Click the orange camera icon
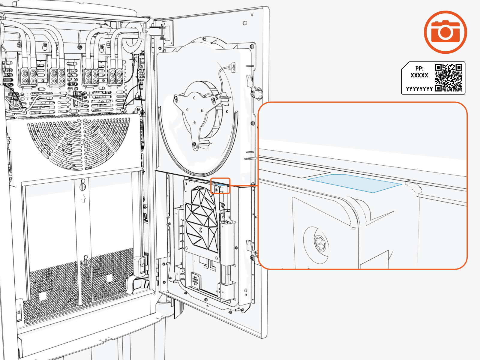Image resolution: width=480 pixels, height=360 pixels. tap(445, 32)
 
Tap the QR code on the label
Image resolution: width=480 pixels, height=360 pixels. tap(448, 77)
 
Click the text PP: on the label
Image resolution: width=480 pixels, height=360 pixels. tap(419, 68)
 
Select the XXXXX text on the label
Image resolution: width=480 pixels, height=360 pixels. tap(419, 76)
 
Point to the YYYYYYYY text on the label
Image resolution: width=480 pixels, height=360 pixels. tap(419, 89)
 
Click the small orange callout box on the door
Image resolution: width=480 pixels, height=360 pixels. tap(220, 186)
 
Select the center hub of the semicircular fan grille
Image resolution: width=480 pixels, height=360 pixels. tap(83, 142)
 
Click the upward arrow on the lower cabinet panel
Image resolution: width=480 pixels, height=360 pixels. tap(83, 198)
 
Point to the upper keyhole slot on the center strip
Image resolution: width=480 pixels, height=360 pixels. tap(83, 185)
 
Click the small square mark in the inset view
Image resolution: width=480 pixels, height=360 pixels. tap(353, 229)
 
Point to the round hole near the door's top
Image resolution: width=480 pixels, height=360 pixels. tap(245, 23)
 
